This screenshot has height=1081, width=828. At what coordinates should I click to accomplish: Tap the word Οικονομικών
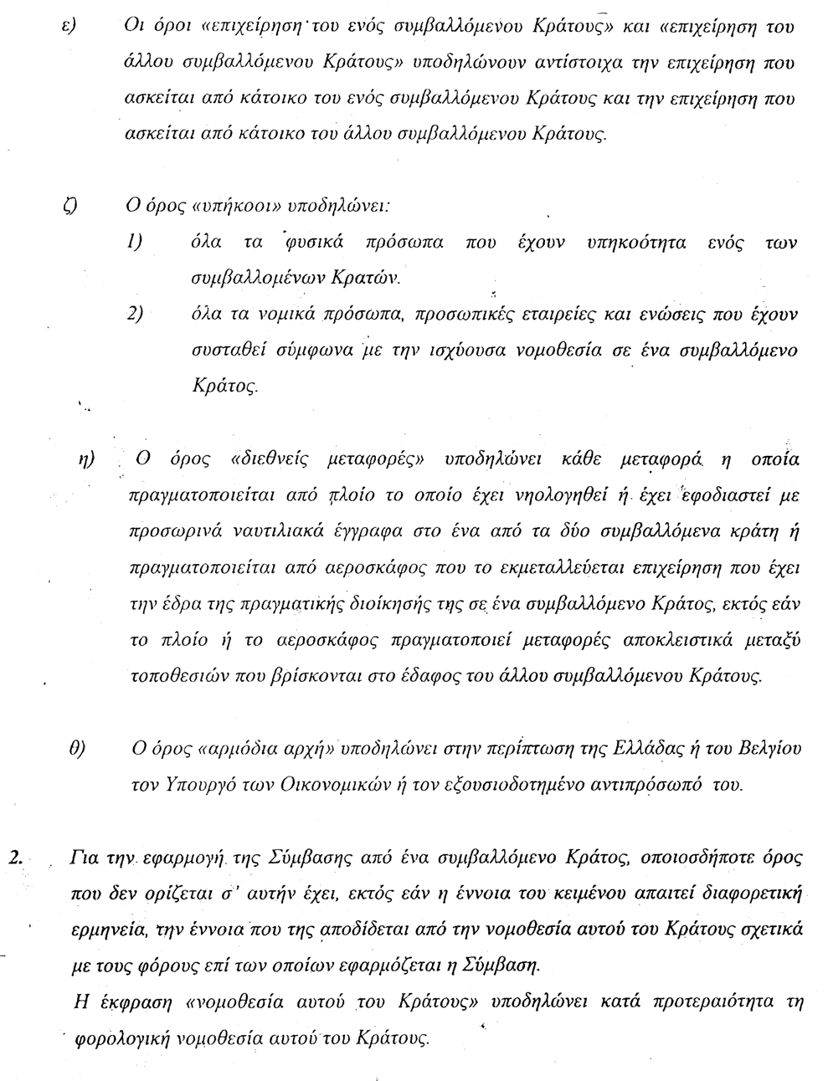332,785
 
